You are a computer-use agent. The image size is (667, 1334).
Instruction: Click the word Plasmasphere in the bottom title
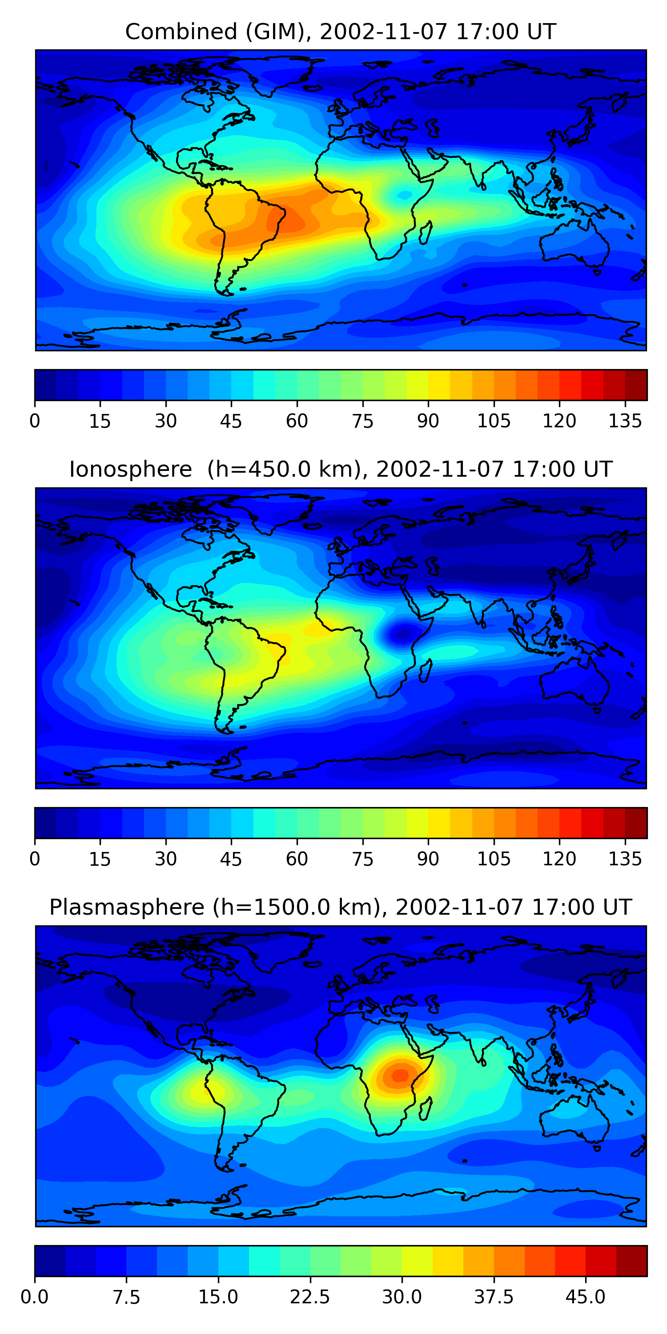[127, 907]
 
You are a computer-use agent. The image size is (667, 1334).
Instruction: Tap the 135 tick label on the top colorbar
[625, 421]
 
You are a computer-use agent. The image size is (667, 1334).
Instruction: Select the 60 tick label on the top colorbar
[297, 421]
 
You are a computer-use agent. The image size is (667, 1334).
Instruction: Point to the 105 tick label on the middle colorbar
[494, 859]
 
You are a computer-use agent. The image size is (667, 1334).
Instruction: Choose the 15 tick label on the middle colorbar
[100, 859]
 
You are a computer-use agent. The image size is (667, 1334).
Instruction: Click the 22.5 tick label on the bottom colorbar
[309, 1297]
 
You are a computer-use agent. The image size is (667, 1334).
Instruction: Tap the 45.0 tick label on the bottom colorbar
[585, 1297]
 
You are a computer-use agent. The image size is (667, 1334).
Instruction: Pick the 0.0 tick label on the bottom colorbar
[35, 1297]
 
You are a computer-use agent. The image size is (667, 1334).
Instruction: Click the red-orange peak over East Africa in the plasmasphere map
[400, 1075]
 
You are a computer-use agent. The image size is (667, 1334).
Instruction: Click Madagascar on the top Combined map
[426, 233]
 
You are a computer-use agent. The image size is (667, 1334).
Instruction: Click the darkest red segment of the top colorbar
[636, 385]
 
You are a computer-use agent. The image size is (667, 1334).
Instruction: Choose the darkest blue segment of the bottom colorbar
[50, 1261]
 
